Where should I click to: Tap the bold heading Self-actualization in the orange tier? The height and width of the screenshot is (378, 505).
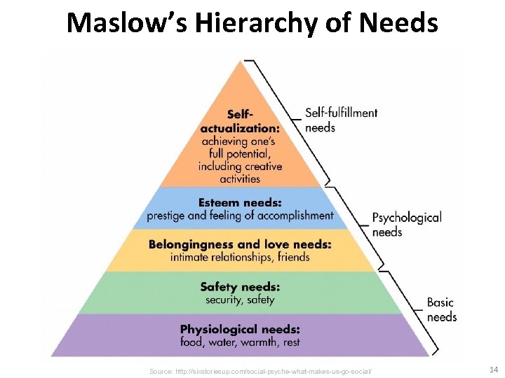(239, 121)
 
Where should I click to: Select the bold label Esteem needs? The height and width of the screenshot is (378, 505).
(240, 202)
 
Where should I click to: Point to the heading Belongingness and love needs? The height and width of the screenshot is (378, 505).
(240, 244)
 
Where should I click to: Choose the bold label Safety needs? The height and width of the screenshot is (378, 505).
(240, 286)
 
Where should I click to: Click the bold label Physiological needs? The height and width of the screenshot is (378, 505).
(240, 328)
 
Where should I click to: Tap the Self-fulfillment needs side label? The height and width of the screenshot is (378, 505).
(341, 120)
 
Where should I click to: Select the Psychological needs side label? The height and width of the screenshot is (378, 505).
(406, 224)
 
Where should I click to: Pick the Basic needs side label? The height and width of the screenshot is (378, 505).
(441, 309)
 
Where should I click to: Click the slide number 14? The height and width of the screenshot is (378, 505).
(493, 369)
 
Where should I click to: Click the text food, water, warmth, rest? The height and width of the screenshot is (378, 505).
(240, 342)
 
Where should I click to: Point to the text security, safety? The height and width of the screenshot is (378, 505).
(240, 300)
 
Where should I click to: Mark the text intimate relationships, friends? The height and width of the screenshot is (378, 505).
(240, 257)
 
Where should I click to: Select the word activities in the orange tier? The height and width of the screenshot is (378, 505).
(240, 179)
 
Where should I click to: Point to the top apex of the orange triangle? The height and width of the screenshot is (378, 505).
(241, 62)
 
